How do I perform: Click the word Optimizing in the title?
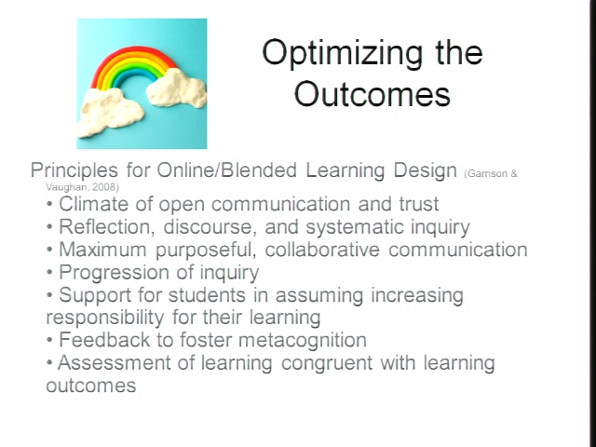[342, 54]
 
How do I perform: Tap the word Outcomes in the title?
[372, 93]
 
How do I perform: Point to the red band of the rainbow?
[134, 53]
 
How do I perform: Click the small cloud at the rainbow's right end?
[176, 89]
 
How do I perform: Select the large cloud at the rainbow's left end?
[110, 113]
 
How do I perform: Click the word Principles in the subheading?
[74, 170]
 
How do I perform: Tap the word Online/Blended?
[227, 169]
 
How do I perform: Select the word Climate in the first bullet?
[93, 204]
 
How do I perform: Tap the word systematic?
[354, 227]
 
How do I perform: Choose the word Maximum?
[102, 250]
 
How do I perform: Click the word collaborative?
[322, 250]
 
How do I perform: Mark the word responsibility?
[105, 318]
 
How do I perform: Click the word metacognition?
[303, 340]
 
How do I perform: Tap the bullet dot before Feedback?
[49, 339]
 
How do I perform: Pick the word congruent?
[327, 363]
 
